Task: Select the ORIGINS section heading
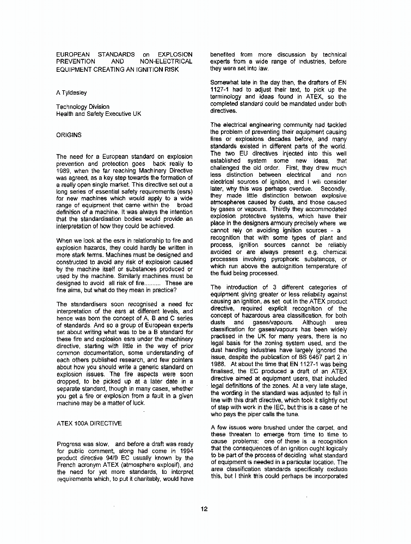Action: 69,134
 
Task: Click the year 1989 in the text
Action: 64,170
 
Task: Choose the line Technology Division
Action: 83,107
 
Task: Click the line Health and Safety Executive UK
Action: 99,114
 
